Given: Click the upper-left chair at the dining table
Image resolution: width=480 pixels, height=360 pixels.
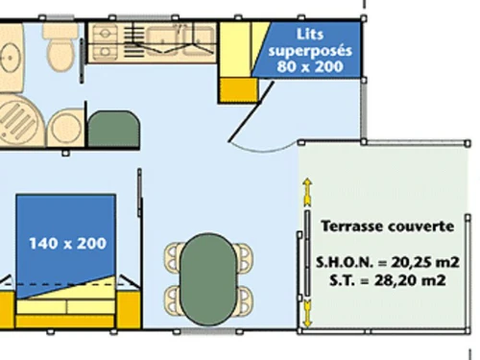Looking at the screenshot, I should coord(175,254).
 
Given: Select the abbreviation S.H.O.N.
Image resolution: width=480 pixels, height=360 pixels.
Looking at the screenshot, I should coord(343,262).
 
